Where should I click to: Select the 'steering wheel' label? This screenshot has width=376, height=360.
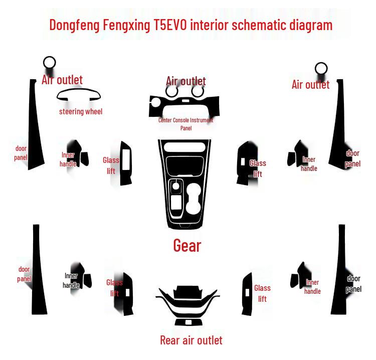pos(81,111)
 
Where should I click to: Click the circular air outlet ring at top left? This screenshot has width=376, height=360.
pos(50,63)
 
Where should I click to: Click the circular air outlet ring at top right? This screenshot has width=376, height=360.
pos(321,69)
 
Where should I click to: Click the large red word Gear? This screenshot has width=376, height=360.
pos(187,245)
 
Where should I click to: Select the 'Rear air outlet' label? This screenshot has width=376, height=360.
pos(191,340)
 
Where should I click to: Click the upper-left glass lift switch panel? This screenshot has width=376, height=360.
pos(125,163)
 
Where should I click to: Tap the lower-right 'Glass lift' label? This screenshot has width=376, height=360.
pos(262,293)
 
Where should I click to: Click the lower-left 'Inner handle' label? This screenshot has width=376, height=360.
pos(71,280)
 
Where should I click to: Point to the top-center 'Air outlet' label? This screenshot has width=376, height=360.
pos(186,81)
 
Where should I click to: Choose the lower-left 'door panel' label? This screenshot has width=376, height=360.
pos(24,274)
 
